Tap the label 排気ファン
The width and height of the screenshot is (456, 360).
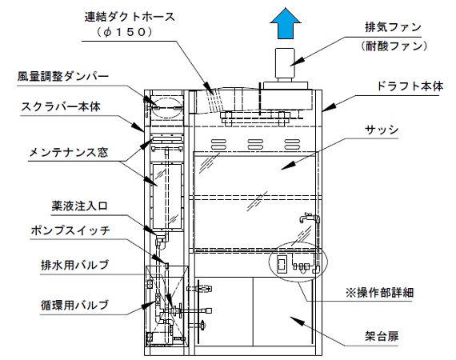coord(393,27)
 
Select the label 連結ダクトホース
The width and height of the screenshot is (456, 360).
coord(130,17)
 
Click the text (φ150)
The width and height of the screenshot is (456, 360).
coord(125,32)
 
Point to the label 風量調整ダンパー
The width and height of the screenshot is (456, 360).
coord(63,77)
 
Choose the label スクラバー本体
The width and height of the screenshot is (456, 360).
coord(61,106)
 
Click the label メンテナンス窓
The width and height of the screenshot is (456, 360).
coord(69,152)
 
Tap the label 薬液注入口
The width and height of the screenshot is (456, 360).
coord(80,206)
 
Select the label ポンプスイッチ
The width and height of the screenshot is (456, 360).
coord(70,230)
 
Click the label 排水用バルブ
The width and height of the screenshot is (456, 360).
coord(74,265)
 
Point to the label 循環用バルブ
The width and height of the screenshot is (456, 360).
coord(74,305)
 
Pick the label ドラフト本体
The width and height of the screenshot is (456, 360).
coord(410,86)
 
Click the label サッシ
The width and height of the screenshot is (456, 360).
coord(382,130)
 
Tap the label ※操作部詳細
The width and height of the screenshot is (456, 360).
coord(379,292)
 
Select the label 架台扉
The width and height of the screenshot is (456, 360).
coord(382,336)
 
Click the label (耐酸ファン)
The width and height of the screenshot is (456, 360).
coord(394,46)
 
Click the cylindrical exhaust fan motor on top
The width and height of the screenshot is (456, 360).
coord(285,65)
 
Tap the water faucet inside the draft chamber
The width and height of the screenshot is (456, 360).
coord(306,217)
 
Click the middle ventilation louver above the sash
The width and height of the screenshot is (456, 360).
coord(255,145)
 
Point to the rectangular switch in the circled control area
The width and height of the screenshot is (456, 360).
coord(282,264)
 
